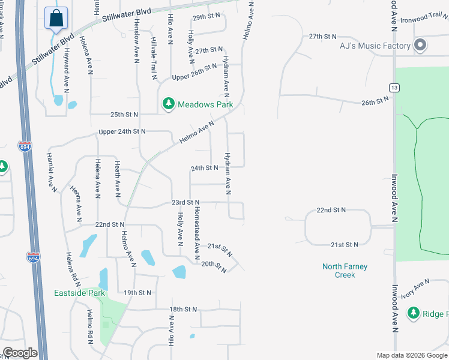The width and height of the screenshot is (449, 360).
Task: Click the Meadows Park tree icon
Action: (x=169, y=104)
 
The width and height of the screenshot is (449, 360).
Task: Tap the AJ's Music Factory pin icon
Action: (x=420, y=46)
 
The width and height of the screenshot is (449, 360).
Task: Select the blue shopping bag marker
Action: (x=56, y=18)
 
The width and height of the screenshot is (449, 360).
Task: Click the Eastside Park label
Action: (x=79, y=293)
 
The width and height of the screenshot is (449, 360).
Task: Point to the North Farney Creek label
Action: (x=345, y=271)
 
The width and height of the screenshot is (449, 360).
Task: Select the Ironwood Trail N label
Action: (x=424, y=20)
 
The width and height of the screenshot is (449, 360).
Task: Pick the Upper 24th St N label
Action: (x=122, y=131)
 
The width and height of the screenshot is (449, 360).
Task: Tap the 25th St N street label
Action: (x=124, y=114)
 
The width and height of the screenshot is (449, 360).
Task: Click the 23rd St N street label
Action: (x=184, y=203)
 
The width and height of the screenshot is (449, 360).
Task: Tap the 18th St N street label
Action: (x=183, y=309)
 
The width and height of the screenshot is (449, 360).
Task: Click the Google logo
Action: (x=20, y=353)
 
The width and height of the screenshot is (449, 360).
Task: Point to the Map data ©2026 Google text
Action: (x=412, y=355)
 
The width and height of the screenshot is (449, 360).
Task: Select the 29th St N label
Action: (x=206, y=18)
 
